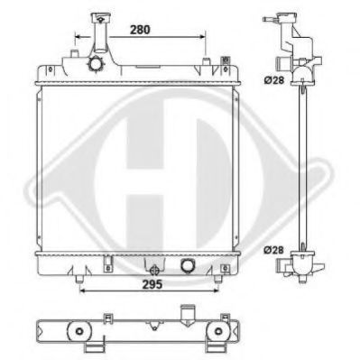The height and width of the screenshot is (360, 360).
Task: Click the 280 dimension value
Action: tap(140, 30)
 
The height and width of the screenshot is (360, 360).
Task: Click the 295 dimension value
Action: tap(152, 284)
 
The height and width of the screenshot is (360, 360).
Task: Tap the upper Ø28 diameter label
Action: tap(274, 80)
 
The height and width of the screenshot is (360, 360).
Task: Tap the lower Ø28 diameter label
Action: tap(274, 250)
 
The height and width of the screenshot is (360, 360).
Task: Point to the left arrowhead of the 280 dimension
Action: tap(78, 37)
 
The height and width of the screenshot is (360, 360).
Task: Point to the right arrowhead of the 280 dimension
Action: tap(201, 37)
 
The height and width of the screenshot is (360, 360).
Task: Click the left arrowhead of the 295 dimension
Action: tap(83, 291)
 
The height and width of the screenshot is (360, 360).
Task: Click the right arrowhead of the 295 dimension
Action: tap(215, 291)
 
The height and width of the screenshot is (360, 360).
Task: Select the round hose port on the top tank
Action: tap(95, 64)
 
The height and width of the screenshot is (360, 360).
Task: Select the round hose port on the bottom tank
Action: tap(187, 265)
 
